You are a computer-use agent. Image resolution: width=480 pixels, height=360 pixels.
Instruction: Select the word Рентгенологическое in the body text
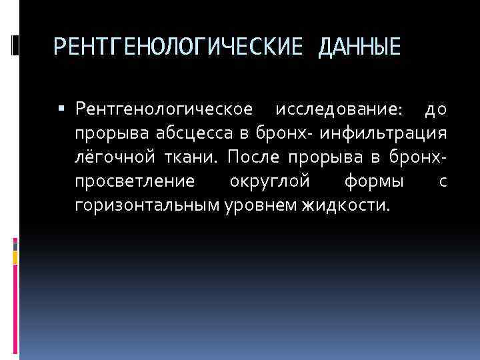(164, 109)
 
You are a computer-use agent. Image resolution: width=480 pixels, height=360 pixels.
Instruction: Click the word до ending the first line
(436, 109)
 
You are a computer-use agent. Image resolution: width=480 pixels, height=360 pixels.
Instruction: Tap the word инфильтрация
(383, 133)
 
